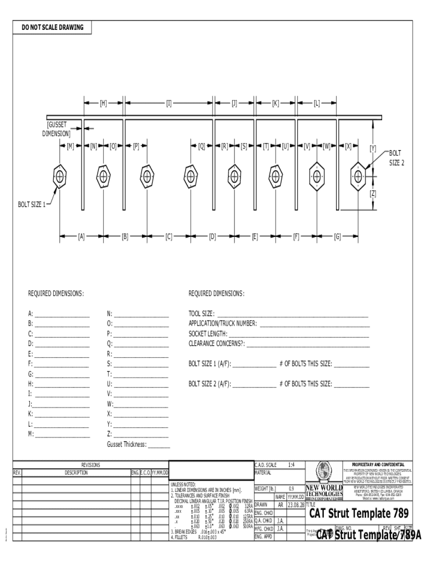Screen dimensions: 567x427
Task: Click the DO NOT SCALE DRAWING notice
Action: tap(49, 27)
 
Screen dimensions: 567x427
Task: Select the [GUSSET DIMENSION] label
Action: tap(57, 129)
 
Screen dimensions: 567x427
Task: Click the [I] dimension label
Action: tap(169, 103)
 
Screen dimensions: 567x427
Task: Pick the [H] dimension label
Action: tap(103, 103)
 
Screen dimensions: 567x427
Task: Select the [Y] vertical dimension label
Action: tap(373, 148)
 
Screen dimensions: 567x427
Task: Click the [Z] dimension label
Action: tap(373, 193)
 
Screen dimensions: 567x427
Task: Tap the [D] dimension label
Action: tap(212, 236)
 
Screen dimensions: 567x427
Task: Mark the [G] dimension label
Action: tap(337, 236)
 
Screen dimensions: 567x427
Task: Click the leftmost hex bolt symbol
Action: tap(60, 176)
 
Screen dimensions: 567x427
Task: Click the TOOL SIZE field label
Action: tap(202, 313)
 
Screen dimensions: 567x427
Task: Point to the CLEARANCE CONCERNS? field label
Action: tap(216, 344)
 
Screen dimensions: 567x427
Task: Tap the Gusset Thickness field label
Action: tap(126, 444)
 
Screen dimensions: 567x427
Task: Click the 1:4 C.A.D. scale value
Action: tap(292, 465)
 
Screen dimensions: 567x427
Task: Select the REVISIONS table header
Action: tap(90, 465)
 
